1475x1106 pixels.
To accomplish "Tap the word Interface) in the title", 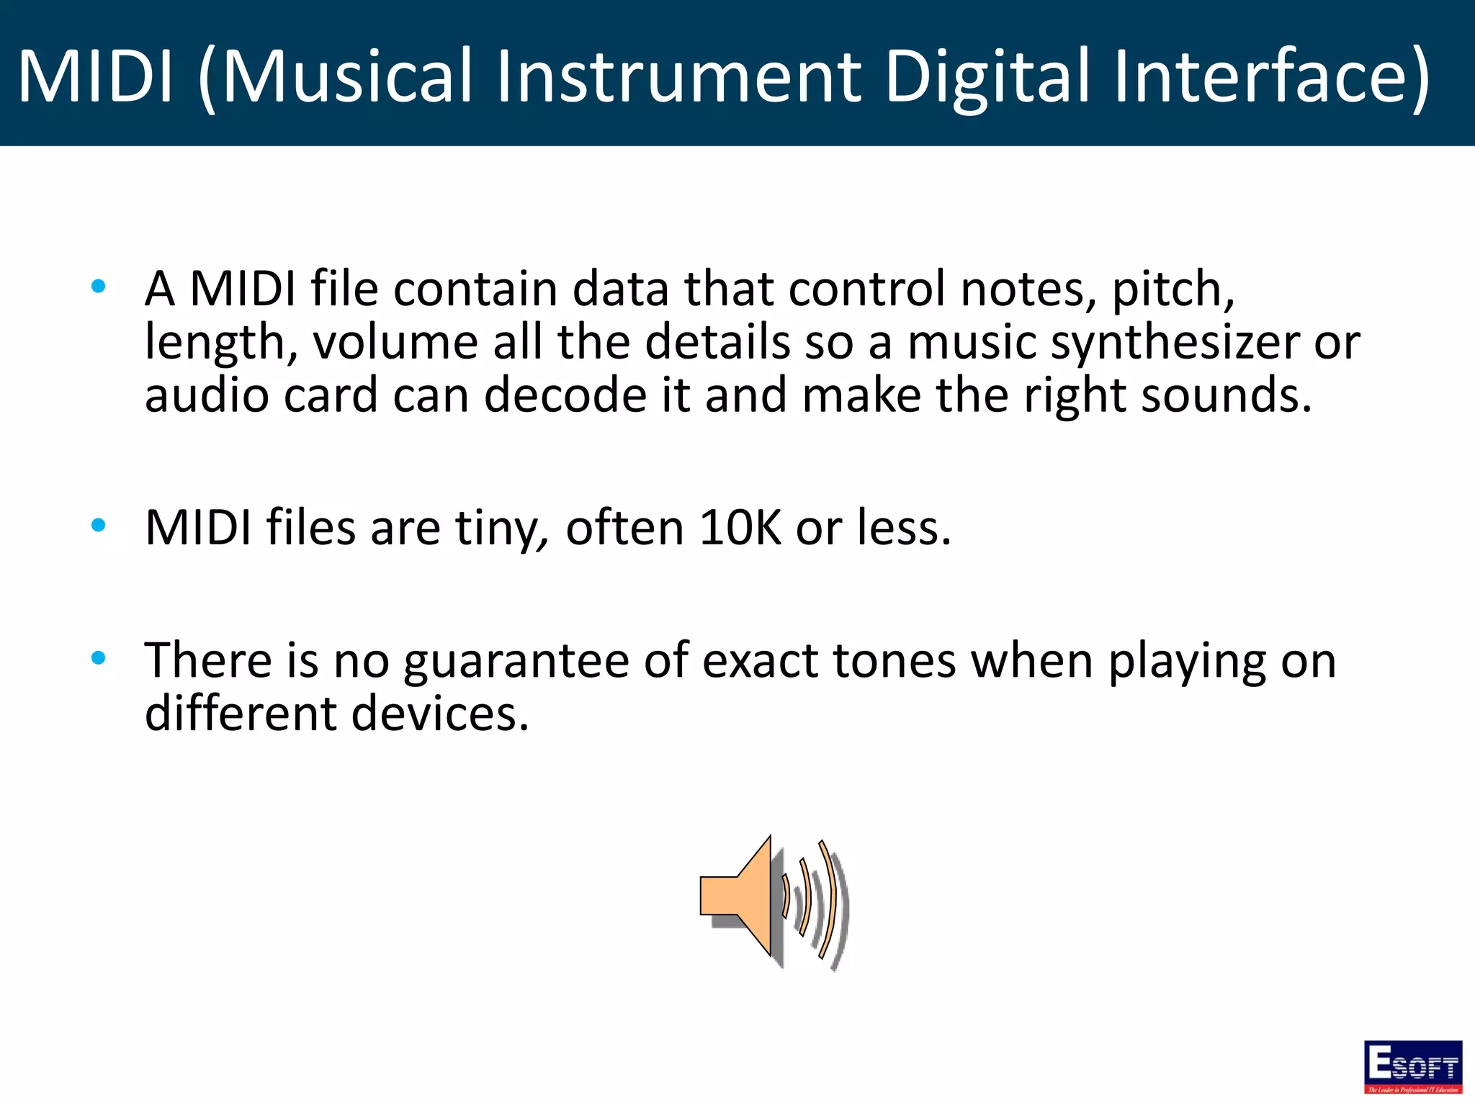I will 1271,76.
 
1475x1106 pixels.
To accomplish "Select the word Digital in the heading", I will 987,76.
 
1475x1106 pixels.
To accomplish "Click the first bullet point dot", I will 99,287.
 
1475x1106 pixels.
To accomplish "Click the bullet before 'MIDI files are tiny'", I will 99,526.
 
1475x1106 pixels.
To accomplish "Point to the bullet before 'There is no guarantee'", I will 99,657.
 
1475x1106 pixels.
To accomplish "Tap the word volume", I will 395,342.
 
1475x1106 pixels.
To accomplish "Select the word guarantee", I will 516,661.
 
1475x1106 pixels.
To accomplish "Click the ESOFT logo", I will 1412,1066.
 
